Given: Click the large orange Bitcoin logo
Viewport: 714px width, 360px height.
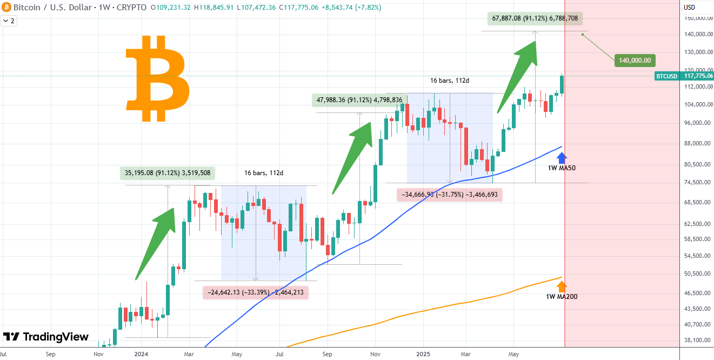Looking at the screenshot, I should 157,78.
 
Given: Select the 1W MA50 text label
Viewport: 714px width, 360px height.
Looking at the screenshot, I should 562,168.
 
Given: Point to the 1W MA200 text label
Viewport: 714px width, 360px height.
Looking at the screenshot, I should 562,296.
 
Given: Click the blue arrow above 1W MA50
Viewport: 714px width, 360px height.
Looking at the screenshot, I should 562,158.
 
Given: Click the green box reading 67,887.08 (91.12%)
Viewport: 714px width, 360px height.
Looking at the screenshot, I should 535,18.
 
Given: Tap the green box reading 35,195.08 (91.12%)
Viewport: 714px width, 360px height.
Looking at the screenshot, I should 168,174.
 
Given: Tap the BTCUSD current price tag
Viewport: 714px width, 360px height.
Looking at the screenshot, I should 684,76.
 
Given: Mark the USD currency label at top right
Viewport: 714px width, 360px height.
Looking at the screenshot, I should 689,8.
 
